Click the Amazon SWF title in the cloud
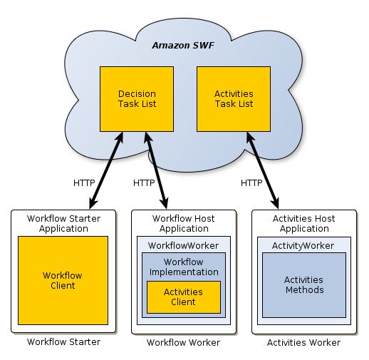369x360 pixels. tap(183, 46)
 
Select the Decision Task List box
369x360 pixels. tap(137, 99)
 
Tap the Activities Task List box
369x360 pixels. tap(234, 99)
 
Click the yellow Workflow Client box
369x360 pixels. tap(63, 281)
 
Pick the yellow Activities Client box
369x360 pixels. tap(183, 297)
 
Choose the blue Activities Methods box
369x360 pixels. tap(304, 284)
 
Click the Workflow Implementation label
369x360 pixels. tap(184, 267)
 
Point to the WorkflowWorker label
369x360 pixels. tap(183, 245)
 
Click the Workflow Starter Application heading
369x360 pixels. tap(63, 223)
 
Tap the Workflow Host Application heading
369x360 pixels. tap(184, 223)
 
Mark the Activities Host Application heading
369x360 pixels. tap(304, 223)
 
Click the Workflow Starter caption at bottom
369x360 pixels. tap(63, 342)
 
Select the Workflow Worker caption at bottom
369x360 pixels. tap(183, 343)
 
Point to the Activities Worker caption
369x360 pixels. tap(303, 343)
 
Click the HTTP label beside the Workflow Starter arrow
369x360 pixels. tap(84, 182)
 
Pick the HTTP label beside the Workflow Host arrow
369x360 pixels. tap(144, 182)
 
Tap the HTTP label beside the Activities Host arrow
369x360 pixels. tap(251, 182)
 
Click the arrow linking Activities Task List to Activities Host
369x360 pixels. tap(262, 170)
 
